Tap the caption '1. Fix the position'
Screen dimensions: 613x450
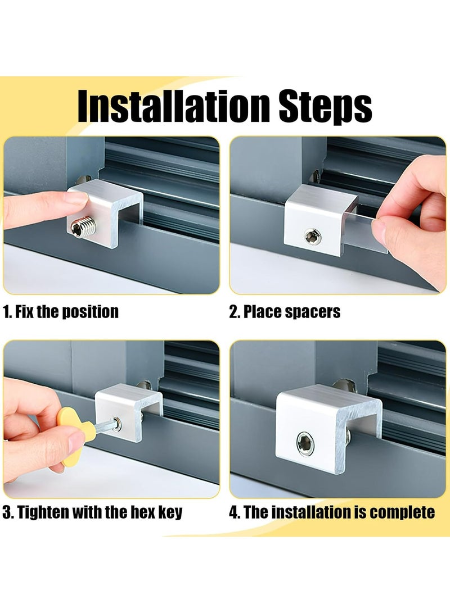tap(61, 312)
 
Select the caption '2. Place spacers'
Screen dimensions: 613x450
tap(285, 312)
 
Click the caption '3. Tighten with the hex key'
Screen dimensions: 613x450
tap(93, 512)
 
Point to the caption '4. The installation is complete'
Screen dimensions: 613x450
tap(332, 512)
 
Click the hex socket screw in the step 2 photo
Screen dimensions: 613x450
tap(310, 237)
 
